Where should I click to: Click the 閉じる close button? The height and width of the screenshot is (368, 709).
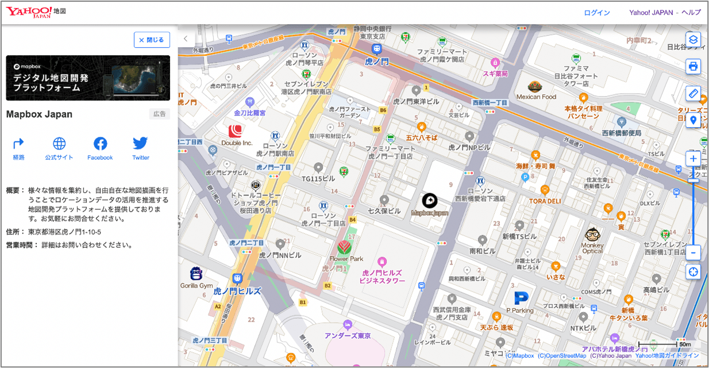click(x=152, y=40)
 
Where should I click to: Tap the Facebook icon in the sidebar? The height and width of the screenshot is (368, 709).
click(x=100, y=144)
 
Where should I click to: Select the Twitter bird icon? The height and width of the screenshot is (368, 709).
click(x=141, y=144)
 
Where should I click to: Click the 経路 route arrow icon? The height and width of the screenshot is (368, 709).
click(x=19, y=144)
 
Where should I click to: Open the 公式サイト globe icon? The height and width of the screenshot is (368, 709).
click(x=59, y=144)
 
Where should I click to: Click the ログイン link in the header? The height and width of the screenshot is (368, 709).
click(x=597, y=13)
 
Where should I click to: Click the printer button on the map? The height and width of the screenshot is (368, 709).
click(x=693, y=66)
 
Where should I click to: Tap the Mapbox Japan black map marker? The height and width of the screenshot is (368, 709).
click(x=430, y=200)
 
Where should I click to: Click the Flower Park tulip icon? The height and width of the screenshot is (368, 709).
click(x=344, y=247)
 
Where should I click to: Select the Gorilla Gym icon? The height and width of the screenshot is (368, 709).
click(x=196, y=274)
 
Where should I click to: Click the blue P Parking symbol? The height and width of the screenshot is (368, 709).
click(x=521, y=298)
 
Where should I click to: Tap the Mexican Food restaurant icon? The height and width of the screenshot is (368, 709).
click(x=535, y=86)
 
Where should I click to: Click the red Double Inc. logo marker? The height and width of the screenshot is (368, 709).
click(x=236, y=131)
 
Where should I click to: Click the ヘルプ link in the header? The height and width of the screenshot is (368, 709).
click(x=691, y=13)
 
